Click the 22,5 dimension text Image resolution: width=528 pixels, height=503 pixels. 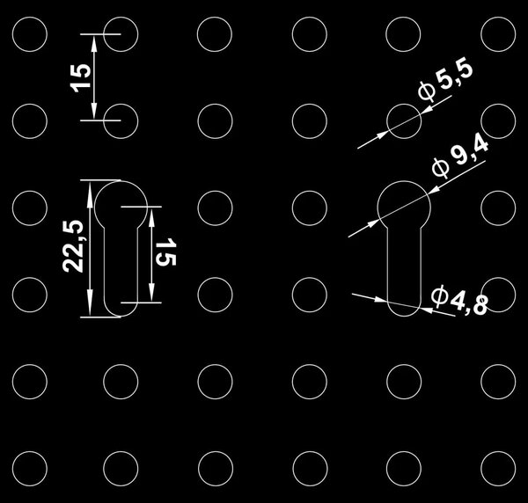click(x=73, y=246)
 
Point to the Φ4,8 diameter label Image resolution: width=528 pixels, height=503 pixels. click(x=459, y=301)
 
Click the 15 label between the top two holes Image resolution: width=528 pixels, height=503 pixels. click(x=80, y=77)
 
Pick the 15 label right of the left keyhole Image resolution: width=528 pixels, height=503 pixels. click(x=165, y=252)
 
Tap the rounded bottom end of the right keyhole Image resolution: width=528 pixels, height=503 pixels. click(x=404, y=316)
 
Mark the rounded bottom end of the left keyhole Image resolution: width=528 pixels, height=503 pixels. click(x=121, y=316)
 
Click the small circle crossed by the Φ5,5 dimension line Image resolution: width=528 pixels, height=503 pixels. click(x=404, y=105)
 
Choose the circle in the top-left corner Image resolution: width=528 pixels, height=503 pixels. click(x=30, y=18)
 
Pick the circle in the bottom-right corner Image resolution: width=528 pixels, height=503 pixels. click(x=498, y=451)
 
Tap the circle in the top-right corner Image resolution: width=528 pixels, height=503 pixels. click(x=498, y=18)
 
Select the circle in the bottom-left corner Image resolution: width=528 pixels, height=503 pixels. click(x=30, y=451)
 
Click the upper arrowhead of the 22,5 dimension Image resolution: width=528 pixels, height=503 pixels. click(x=90, y=191)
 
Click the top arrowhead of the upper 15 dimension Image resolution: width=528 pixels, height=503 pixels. click(x=94, y=43)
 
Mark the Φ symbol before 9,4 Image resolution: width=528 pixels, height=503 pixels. click(x=441, y=167)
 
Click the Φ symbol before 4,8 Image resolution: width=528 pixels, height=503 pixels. click(x=439, y=296)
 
